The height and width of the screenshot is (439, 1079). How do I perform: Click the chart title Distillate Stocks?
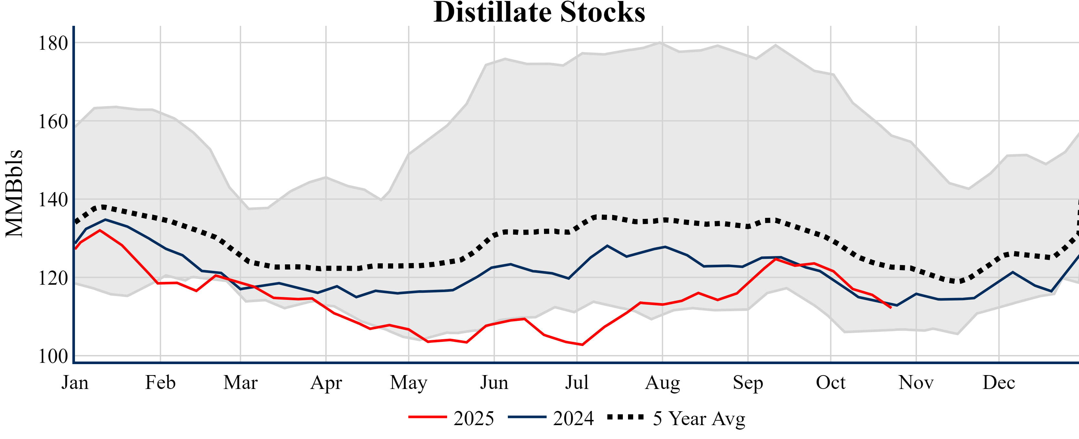(539, 13)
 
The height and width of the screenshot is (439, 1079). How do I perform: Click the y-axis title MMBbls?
(14, 193)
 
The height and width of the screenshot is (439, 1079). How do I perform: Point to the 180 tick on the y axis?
(53, 43)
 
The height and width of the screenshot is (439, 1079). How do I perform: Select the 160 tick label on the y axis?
(53, 121)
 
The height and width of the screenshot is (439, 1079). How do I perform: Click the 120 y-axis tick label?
(53, 278)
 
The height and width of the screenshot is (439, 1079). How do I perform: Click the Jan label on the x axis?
(75, 383)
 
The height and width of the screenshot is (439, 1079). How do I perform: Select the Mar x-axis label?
(240, 383)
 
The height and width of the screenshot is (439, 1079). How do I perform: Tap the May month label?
(408, 383)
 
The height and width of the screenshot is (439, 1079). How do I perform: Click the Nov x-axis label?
(916, 383)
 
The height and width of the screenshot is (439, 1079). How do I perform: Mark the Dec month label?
(999, 383)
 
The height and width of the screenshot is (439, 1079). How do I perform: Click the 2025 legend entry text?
(474, 418)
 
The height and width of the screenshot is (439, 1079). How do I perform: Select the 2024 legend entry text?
(573, 418)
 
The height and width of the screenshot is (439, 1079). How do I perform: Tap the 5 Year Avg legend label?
(699, 418)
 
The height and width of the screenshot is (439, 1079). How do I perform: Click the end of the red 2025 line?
(891, 308)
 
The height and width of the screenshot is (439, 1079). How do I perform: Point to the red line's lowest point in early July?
(582, 345)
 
